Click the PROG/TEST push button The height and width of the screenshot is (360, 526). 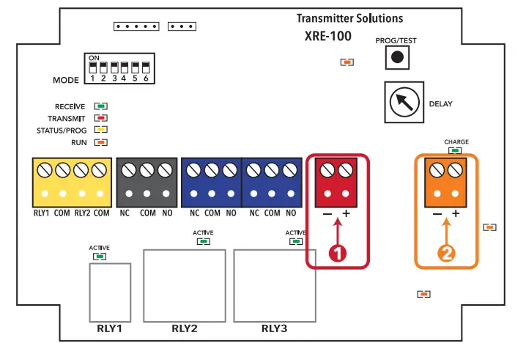click(x=396, y=56)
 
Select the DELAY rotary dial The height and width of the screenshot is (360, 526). click(x=403, y=102)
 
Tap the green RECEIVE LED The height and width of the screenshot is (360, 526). click(x=101, y=106)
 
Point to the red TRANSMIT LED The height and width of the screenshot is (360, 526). click(x=101, y=118)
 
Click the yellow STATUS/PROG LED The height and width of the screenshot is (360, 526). click(x=101, y=130)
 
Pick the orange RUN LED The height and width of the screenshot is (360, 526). click(x=101, y=142)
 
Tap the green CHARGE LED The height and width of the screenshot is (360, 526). click(x=456, y=150)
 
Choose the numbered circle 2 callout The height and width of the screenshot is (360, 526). click(x=446, y=254)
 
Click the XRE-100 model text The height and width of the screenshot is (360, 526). click(x=327, y=35)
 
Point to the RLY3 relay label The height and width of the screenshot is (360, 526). click(x=274, y=328)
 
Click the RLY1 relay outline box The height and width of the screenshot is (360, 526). click(x=109, y=291)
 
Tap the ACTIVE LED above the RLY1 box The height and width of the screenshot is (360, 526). click(x=100, y=256)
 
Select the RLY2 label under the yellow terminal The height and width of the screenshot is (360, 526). click(x=83, y=213)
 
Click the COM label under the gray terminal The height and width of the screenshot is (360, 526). click(x=148, y=213)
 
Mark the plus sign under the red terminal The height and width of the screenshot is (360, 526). click(x=346, y=214)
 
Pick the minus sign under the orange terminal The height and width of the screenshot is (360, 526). click(x=437, y=214)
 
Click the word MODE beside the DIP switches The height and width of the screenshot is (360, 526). click(x=65, y=80)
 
